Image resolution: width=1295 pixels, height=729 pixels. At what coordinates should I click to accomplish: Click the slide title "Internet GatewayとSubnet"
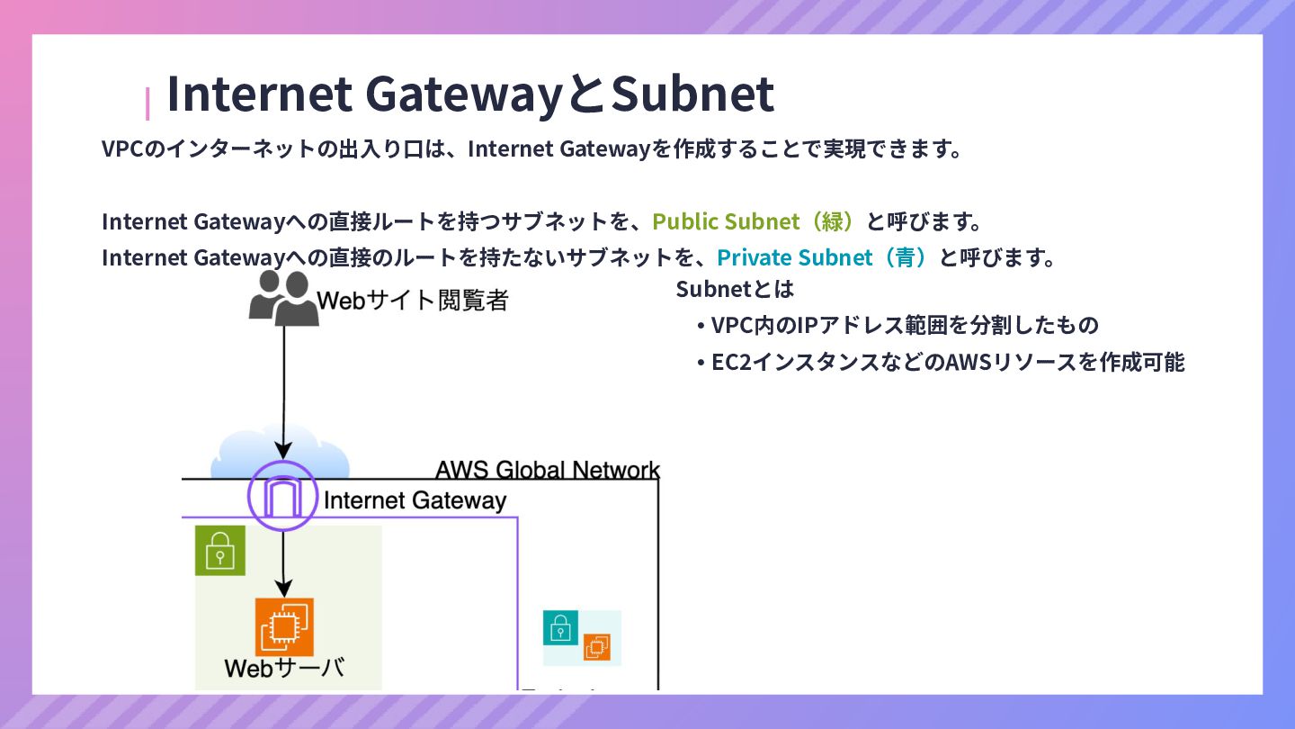point(469,94)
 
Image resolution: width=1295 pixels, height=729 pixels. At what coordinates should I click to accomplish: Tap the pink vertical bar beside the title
point(147,103)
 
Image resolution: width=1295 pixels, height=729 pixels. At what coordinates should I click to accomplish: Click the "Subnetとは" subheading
point(735,290)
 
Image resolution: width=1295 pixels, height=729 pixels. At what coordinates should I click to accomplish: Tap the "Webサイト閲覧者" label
point(413,301)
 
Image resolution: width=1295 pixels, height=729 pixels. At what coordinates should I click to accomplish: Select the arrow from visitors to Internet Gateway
point(284,387)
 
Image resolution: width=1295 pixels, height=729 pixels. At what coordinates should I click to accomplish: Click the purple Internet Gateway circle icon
point(283,496)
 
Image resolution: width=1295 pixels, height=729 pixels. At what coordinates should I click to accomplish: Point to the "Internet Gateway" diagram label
point(415,501)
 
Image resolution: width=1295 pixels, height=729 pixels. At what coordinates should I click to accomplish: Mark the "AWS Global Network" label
point(547,470)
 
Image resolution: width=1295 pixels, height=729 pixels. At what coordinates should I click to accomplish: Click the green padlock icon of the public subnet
point(220,551)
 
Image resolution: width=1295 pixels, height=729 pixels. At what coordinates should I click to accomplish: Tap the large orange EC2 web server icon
point(284,626)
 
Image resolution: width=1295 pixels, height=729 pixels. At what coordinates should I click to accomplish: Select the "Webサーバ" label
point(284,669)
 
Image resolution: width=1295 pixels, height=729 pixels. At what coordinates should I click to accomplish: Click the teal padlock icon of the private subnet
point(560,627)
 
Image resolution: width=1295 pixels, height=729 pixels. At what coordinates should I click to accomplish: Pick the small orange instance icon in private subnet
point(596,646)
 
